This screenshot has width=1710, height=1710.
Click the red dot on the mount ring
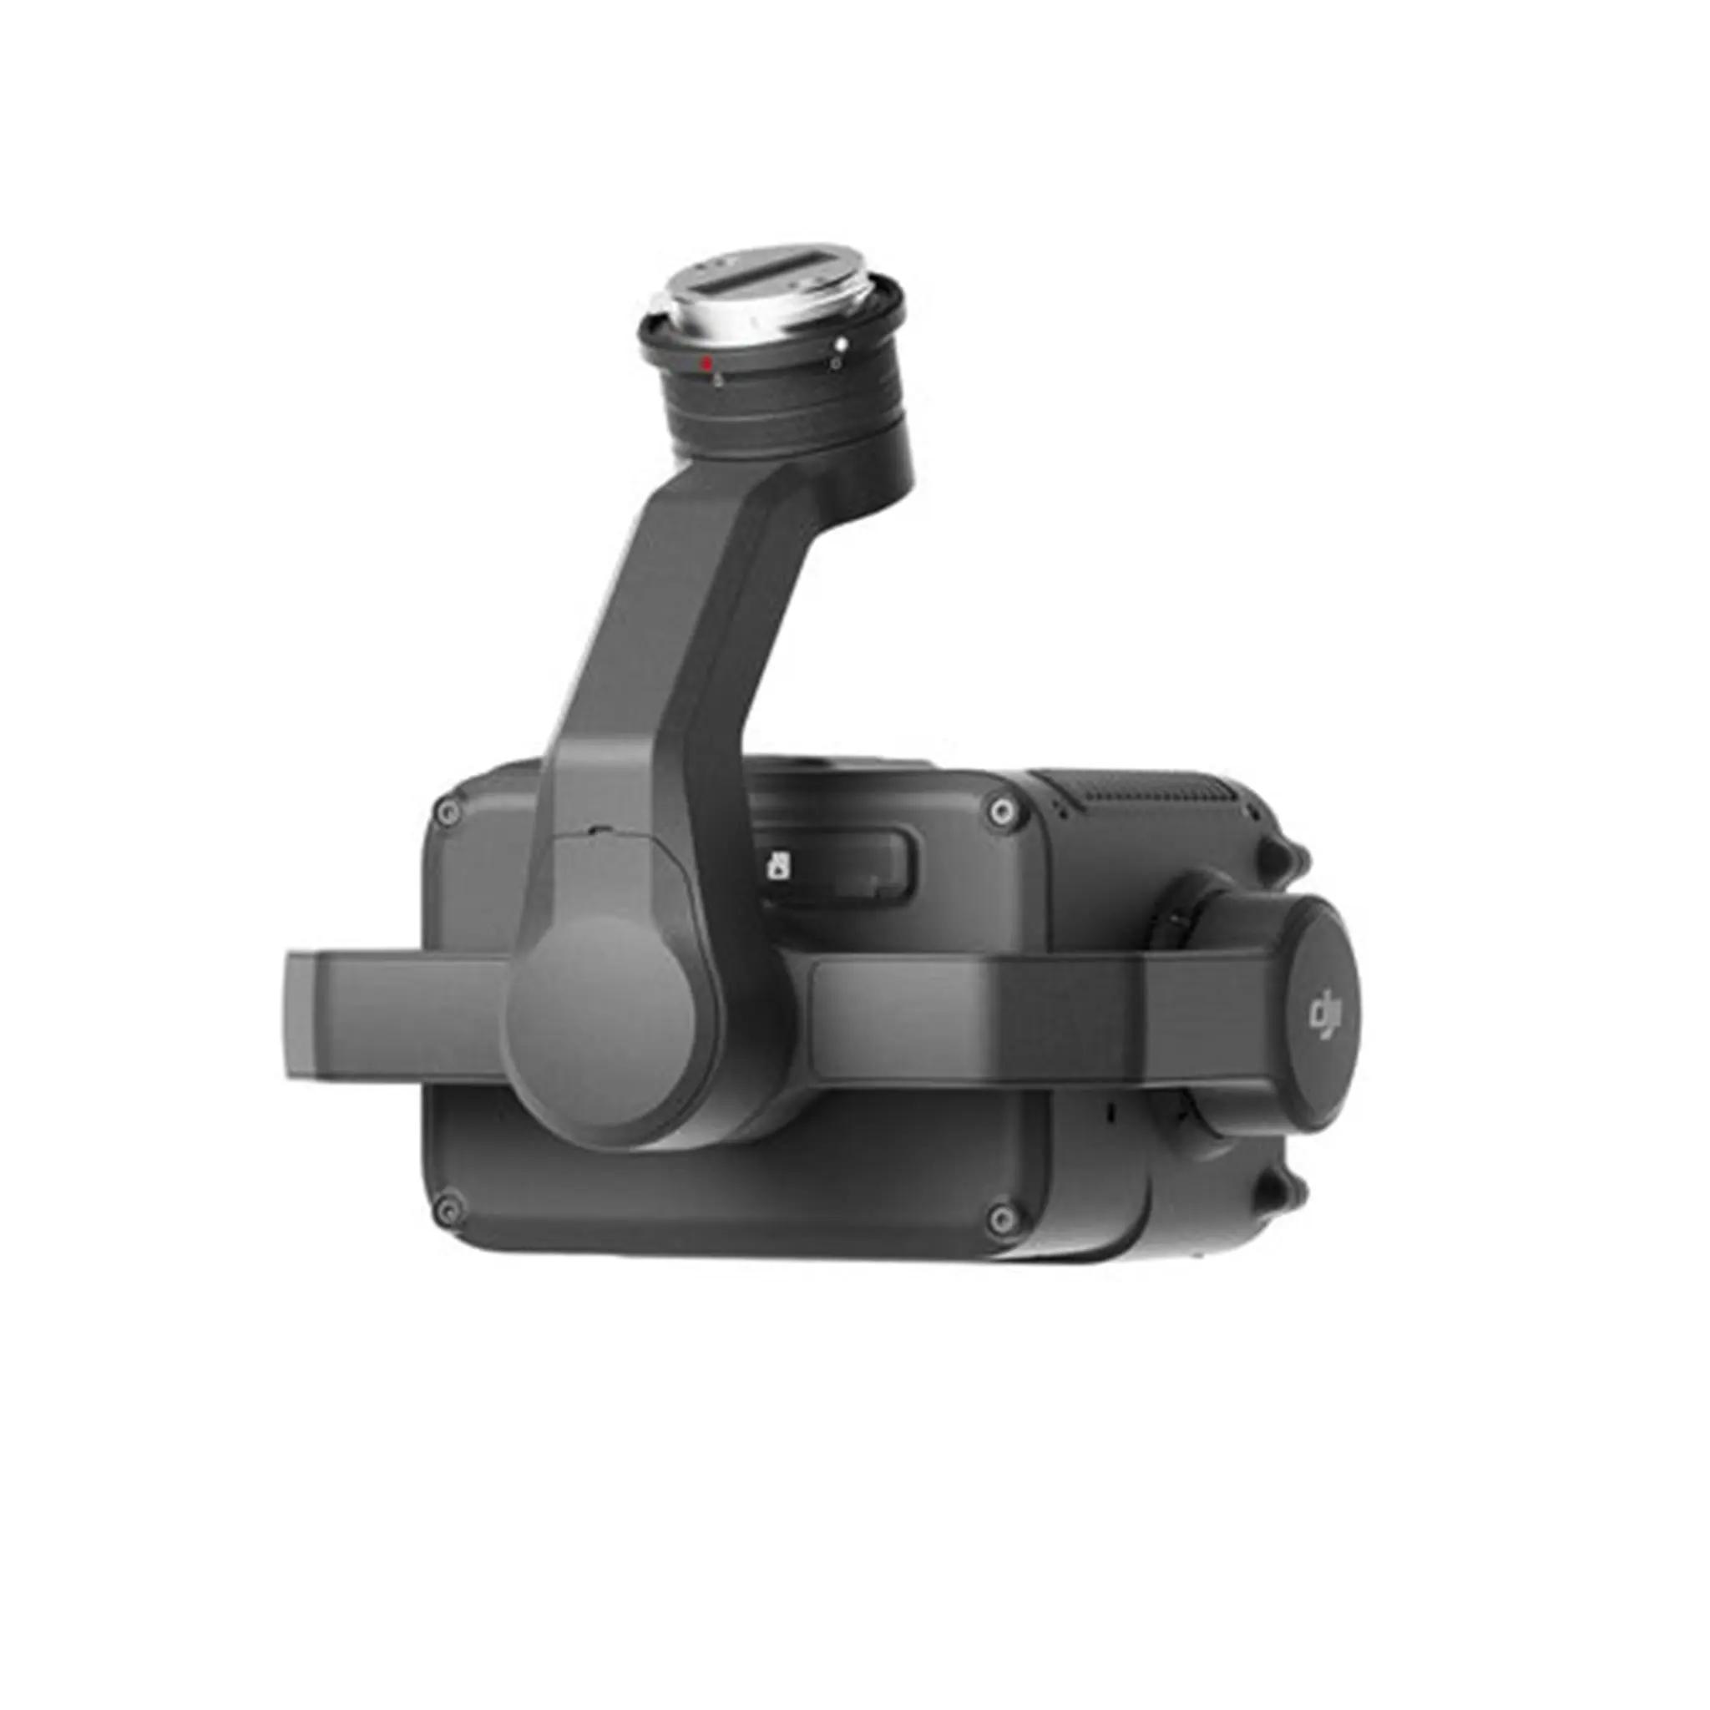click(x=706, y=363)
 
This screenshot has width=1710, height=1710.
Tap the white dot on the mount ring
click(x=842, y=343)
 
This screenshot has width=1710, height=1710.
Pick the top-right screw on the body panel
click(x=1000, y=807)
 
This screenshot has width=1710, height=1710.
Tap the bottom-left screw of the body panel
click(x=448, y=1207)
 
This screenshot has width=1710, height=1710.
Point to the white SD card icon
click(x=780, y=865)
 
